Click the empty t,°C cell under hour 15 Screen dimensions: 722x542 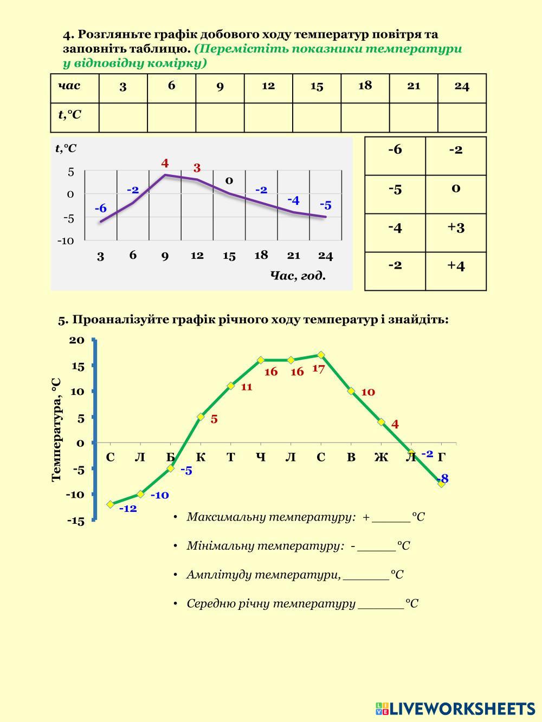click(317, 118)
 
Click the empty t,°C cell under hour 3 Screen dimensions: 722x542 click(123, 118)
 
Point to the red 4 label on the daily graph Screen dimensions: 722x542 click(165, 163)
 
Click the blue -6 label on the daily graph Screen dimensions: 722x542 click(100, 209)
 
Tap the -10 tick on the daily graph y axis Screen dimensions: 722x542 click(65, 240)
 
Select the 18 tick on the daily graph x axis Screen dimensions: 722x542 click(261, 255)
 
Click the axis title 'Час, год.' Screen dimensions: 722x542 click(298, 276)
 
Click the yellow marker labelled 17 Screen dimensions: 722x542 click(321, 355)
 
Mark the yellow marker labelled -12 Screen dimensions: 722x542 click(111, 504)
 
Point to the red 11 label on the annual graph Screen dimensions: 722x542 click(247, 387)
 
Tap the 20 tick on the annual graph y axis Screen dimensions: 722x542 click(77, 340)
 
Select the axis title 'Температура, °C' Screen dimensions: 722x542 click(56, 430)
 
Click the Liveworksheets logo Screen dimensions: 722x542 click(455, 708)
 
